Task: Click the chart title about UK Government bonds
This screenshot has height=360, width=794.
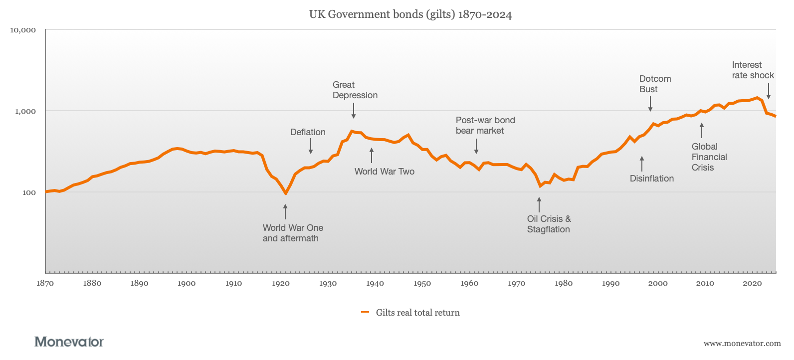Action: (x=410, y=14)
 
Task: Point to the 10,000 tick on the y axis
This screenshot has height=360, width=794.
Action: (x=23, y=30)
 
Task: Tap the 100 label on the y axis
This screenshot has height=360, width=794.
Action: (x=29, y=192)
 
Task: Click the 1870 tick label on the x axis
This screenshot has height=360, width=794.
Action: (x=45, y=283)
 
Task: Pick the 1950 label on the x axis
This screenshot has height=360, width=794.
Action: (x=422, y=283)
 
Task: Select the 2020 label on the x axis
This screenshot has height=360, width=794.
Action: (x=752, y=283)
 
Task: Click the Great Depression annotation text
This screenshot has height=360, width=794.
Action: (x=355, y=90)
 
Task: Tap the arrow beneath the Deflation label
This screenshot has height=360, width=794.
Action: (x=311, y=146)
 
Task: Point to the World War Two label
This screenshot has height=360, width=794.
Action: (x=384, y=172)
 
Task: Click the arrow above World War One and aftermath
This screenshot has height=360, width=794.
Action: (x=285, y=211)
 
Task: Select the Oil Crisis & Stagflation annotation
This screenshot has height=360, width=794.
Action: (x=549, y=224)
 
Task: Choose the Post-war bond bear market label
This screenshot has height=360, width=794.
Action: (x=485, y=126)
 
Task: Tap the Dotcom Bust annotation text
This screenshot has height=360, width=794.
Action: (x=655, y=84)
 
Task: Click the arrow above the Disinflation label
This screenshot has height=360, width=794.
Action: (x=642, y=164)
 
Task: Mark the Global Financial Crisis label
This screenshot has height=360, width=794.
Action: (x=709, y=157)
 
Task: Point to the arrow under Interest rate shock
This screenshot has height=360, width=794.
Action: (x=769, y=91)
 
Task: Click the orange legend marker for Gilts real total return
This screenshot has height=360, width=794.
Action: (x=365, y=313)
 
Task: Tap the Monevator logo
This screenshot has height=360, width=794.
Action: (x=69, y=342)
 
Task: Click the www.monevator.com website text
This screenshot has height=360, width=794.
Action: (x=742, y=343)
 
